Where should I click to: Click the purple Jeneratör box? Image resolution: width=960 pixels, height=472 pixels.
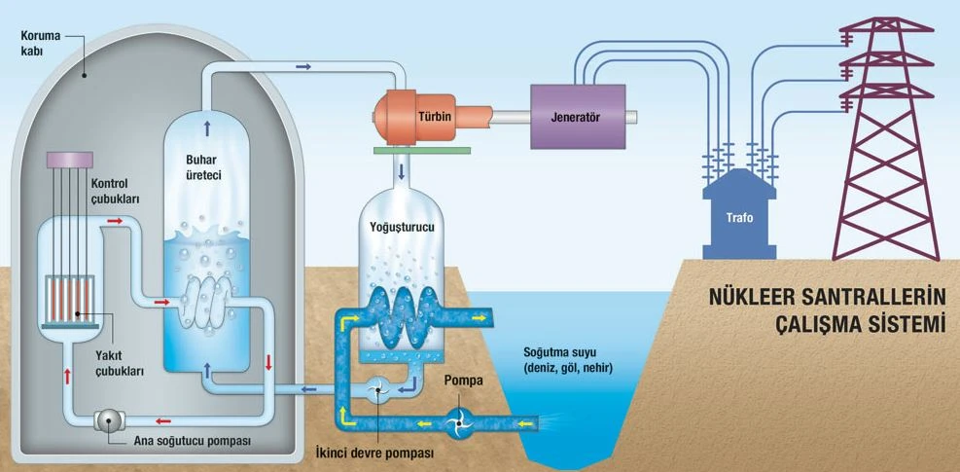point(578,116)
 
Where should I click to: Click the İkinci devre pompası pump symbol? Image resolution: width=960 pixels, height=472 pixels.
point(382,390)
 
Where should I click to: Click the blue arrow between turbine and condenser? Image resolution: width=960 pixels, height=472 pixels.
point(401,172)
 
